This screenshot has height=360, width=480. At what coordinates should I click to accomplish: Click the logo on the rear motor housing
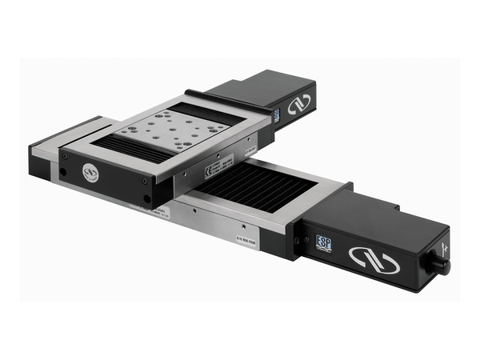pyautogui.click(x=298, y=105)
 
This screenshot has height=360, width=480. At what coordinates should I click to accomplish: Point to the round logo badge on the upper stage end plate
pyautogui.click(x=90, y=173)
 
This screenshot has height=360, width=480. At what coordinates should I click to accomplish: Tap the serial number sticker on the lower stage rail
pyautogui.click(x=245, y=236)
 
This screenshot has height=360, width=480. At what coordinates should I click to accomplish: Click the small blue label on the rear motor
pyautogui.click(x=276, y=116)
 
